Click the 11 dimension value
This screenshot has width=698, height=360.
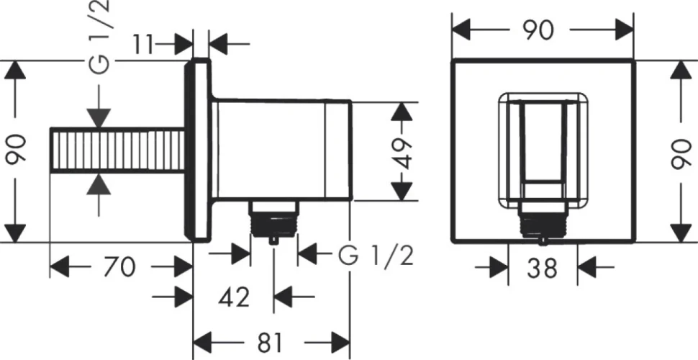coord(142,44)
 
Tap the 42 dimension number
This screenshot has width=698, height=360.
coord(234,297)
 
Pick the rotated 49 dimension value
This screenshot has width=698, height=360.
coord(403,153)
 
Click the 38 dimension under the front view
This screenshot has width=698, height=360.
coord(542,268)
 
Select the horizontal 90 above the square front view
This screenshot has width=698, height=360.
coord(539,30)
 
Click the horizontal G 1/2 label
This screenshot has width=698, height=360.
coord(376,256)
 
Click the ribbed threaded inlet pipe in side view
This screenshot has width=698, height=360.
coord(117,150)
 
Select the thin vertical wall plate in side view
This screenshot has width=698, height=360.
coord(196,150)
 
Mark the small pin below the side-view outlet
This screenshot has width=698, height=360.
coord(273,240)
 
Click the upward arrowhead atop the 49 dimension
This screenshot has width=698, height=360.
coord(402,111)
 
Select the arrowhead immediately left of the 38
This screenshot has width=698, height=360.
coord(499,267)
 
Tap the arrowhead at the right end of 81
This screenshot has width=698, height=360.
coord(340,342)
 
